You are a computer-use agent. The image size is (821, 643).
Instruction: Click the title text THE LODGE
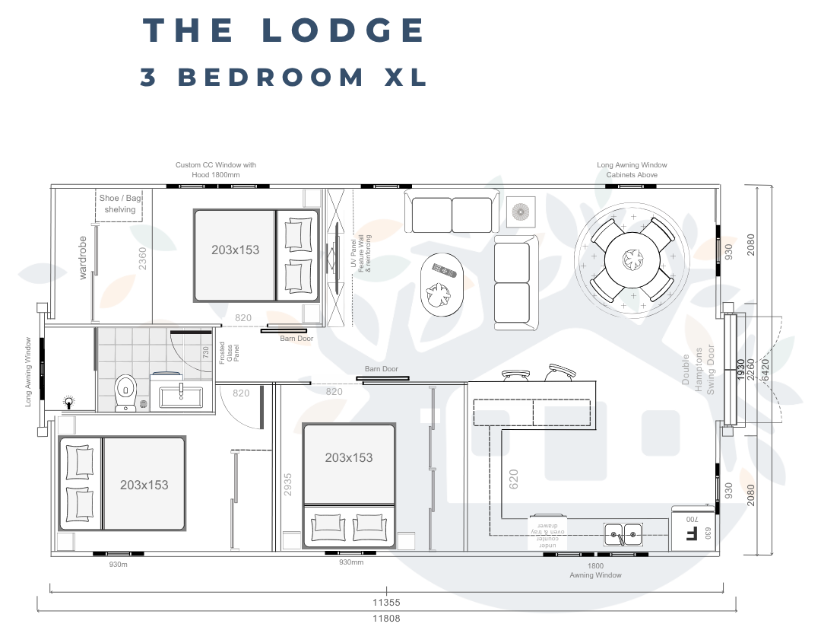tap(284, 30)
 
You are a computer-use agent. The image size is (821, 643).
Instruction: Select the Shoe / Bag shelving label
tap(120, 204)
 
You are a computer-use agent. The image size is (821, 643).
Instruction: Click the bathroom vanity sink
tap(181, 393)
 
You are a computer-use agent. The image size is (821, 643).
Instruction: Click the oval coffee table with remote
tap(440, 284)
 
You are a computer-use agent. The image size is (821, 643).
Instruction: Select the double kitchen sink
tap(623, 535)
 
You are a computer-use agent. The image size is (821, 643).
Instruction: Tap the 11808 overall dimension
tap(386, 618)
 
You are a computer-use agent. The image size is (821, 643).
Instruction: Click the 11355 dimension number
tap(386, 602)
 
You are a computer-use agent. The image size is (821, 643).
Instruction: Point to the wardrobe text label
tap(83, 258)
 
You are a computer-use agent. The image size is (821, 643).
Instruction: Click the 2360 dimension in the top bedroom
tap(142, 258)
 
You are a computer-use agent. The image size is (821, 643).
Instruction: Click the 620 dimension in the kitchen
tap(514, 479)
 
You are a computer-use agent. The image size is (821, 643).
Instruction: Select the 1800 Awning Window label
tap(595, 571)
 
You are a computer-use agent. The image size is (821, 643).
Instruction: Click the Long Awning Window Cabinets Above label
tap(632, 170)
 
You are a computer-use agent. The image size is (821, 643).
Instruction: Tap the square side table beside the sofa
tap(521, 211)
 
